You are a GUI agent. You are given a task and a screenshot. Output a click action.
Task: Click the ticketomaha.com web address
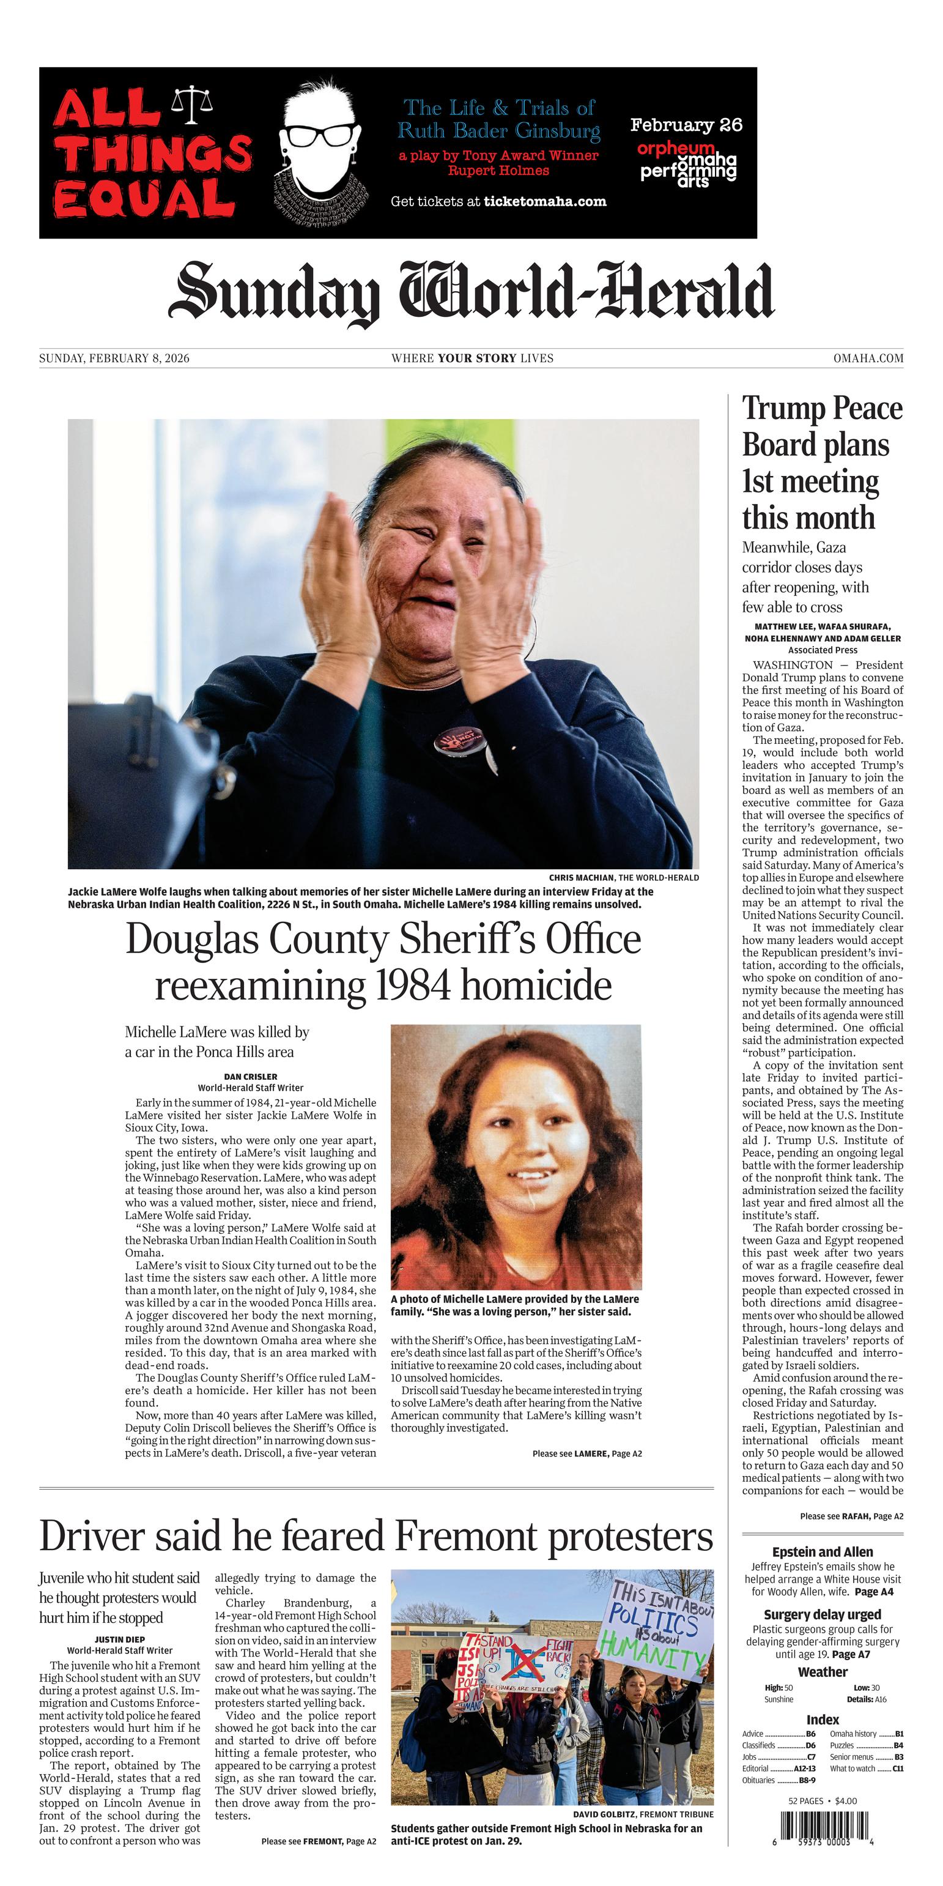pos(545,201)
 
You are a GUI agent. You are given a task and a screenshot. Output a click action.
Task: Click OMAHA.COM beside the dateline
pos(868,358)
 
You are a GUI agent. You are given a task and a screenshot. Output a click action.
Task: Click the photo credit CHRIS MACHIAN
pos(582,877)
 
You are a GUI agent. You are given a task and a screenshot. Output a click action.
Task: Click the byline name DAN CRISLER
pos(250,1076)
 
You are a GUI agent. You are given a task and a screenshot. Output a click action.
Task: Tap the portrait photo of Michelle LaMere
pos(516,1157)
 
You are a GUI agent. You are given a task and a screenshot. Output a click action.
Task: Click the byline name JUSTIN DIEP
pos(120,1639)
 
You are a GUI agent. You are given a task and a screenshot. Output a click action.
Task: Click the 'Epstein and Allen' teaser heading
pos(822,1551)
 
